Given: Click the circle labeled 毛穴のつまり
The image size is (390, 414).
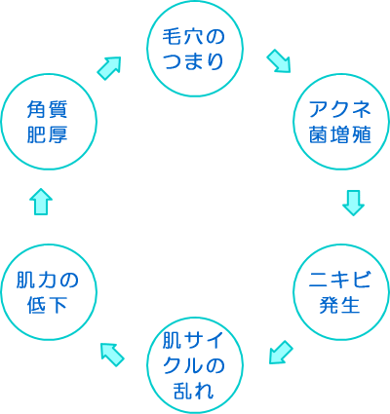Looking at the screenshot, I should click(194, 49).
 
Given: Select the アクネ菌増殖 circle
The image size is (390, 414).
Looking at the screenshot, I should click(340, 122).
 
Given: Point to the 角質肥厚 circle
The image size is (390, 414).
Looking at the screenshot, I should click(48, 122).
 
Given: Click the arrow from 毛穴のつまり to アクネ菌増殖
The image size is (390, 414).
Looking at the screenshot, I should click(279, 61).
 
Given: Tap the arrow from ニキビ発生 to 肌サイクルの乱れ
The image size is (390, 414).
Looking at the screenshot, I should click(280, 352).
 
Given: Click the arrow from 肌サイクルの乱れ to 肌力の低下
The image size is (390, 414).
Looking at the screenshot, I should click(112, 353).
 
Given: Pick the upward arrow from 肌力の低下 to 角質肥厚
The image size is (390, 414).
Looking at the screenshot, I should click(40, 201).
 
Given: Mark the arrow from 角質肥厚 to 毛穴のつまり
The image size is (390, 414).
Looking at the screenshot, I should click(109, 66).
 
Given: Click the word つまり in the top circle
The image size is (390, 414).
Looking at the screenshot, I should click(195, 62).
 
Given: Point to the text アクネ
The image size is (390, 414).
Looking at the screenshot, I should click(340, 109).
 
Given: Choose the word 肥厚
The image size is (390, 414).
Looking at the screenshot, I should click(48, 136).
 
